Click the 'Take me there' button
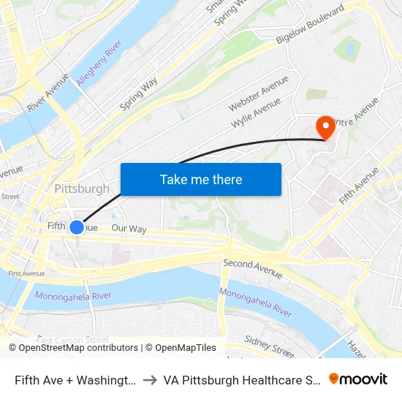201,179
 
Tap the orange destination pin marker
325,127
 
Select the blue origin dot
77,227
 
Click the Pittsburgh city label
82,189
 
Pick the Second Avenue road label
252,268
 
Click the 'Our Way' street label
129,229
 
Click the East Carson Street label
73,340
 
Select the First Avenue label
26,273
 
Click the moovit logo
358,379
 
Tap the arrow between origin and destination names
148,379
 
